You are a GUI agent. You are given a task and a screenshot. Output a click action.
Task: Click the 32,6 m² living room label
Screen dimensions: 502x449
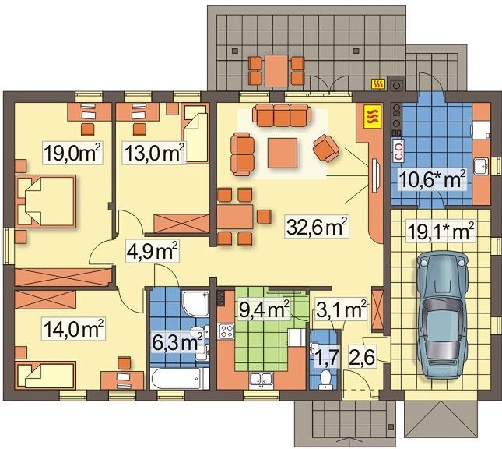[x=317, y=227]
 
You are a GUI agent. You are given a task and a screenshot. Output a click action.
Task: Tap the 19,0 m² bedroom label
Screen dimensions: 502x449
[x=72, y=153]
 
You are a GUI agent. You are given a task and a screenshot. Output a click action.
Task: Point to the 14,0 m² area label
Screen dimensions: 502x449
[x=73, y=329]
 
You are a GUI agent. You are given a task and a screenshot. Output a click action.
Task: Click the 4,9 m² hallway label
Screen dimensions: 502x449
[x=152, y=252]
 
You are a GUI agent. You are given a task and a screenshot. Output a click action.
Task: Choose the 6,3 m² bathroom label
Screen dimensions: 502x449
[x=177, y=342]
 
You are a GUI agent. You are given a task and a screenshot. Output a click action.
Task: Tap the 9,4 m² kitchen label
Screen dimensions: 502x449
[x=264, y=310]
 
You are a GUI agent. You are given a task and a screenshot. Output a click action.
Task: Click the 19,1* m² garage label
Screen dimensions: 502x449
[x=441, y=230]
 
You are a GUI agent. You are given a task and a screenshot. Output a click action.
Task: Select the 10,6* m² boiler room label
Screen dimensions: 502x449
[x=432, y=180]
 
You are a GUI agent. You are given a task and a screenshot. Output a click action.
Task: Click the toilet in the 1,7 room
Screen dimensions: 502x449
[x=326, y=380]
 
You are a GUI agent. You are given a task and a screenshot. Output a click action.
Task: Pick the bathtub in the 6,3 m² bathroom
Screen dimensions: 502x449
[x=180, y=378]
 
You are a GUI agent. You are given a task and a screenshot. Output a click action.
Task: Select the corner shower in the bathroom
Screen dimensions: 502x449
[x=195, y=304]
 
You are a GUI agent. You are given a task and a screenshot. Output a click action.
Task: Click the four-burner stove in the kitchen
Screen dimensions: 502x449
[x=226, y=331]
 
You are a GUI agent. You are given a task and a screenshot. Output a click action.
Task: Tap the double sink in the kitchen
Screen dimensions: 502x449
[x=262, y=379]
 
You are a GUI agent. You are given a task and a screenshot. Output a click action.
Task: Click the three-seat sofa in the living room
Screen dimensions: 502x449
[x=282, y=115]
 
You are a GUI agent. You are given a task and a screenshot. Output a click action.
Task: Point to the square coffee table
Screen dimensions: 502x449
[x=283, y=153]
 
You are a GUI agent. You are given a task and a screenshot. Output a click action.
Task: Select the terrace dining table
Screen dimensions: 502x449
[x=276, y=71]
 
